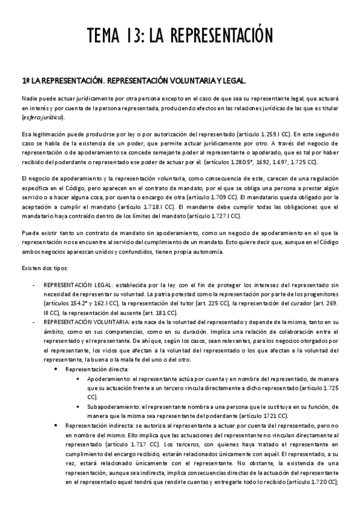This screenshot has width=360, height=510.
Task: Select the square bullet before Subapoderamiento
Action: click(79, 407)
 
